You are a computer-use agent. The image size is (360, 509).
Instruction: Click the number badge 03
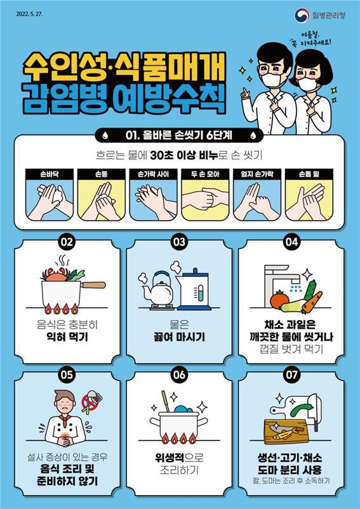(x=179, y=242)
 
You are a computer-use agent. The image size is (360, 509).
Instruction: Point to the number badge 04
(x=291, y=242)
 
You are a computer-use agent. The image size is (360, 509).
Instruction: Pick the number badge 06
(x=179, y=374)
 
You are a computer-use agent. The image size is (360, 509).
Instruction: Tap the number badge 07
(x=291, y=374)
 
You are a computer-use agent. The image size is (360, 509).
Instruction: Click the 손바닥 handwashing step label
(x=48, y=171)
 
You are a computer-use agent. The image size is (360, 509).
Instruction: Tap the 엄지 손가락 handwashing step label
(x=258, y=171)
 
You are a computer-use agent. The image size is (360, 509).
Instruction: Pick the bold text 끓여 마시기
(x=180, y=337)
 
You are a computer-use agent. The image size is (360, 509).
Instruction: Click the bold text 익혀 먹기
(x=67, y=337)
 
